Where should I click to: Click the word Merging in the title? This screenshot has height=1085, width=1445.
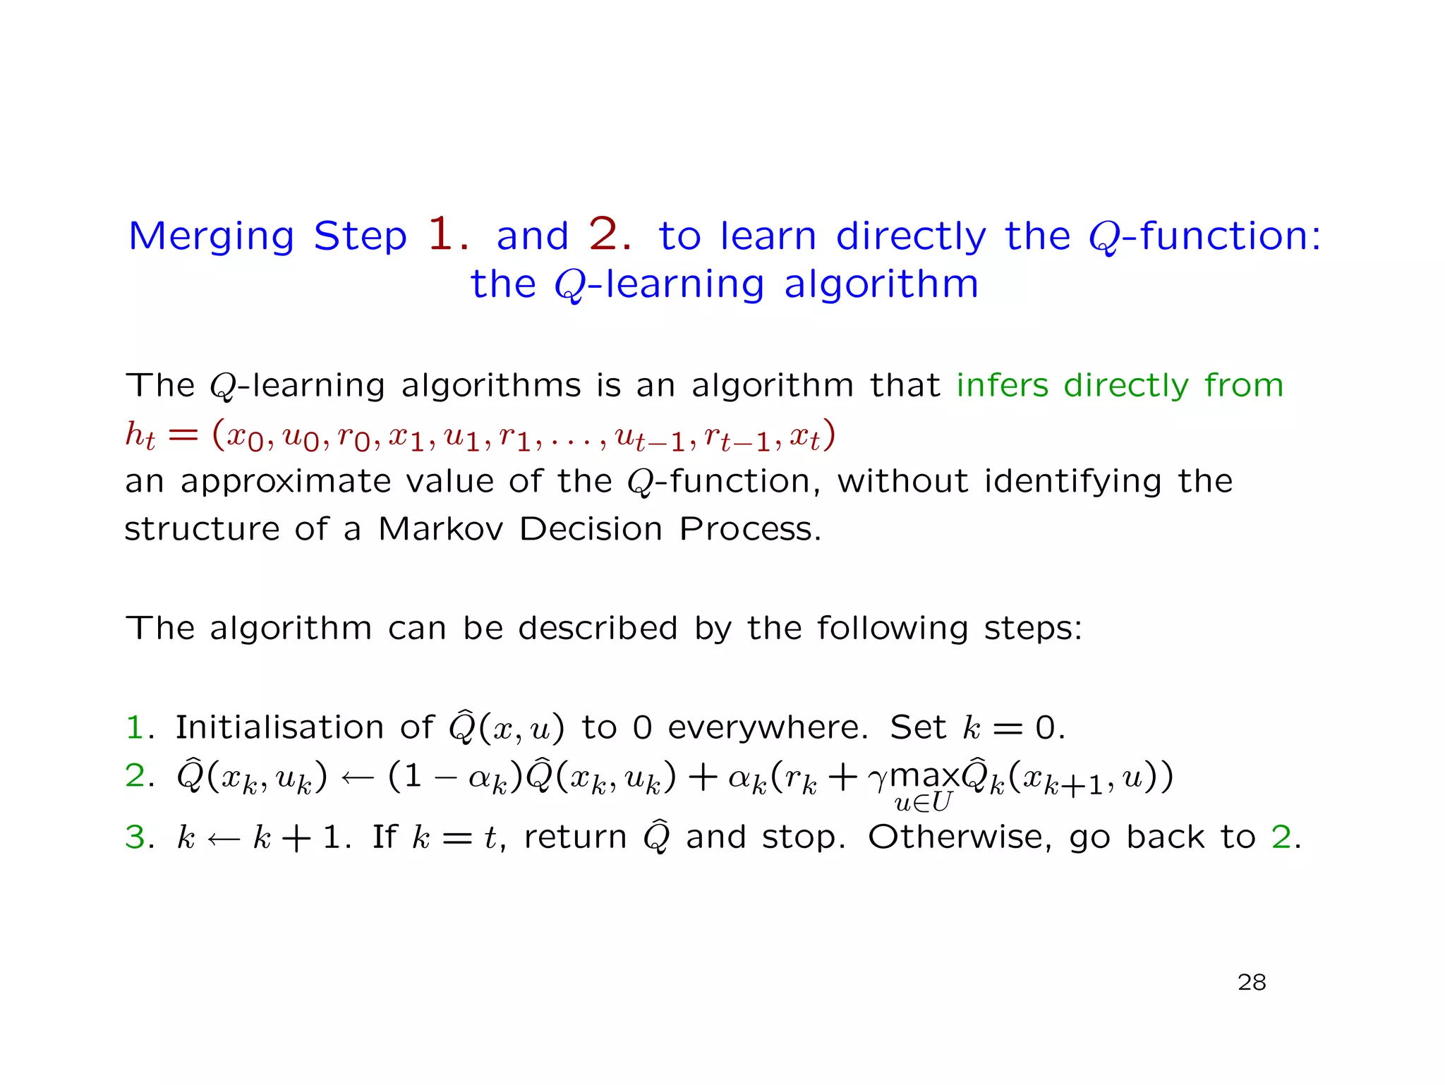[x=211, y=237]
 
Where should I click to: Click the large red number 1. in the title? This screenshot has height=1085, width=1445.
[x=447, y=234]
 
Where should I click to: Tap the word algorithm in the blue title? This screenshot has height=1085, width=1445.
[x=881, y=285]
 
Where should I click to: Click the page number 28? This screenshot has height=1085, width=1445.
[x=1252, y=982]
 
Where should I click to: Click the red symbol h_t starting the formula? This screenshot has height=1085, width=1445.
[x=140, y=435]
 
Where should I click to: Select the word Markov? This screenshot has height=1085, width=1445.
[x=441, y=528]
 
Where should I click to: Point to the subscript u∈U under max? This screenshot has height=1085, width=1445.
[x=923, y=803]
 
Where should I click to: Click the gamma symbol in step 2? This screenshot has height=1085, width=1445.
[x=878, y=780]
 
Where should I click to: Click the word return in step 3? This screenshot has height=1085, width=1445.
[x=575, y=837]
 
